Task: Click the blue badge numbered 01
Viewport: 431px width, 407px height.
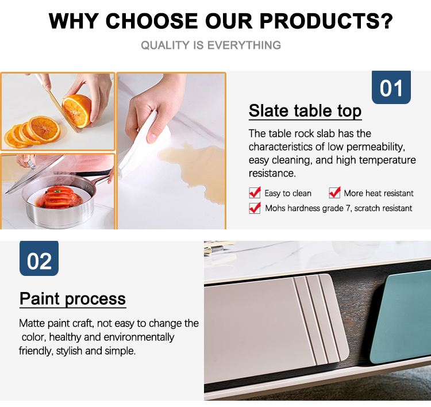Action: pyautogui.click(x=391, y=87)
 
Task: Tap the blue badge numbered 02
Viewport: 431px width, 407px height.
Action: pyautogui.click(x=39, y=259)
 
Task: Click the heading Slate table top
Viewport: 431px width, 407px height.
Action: pyautogui.click(x=305, y=111)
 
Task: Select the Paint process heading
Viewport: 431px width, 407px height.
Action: pyautogui.click(x=73, y=299)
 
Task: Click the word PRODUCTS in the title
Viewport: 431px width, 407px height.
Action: pyautogui.click(x=326, y=21)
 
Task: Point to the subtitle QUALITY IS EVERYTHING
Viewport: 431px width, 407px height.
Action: pyautogui.click(x=211, y=45)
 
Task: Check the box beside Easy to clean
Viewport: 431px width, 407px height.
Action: pyautogui.click(x=255, y=193)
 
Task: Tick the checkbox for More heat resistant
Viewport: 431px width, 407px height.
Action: pyautogui.click(x=334, y=193)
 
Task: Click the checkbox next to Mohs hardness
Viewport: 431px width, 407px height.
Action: pyautogui.click(x=255, y=208)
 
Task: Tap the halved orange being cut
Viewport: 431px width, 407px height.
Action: pyautogui.click(x=77, y=111)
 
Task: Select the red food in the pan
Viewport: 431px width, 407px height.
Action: pyautogui.click(x=59, y=197)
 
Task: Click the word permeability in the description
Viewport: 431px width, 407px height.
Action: pyautogui.click(x=375, y=147)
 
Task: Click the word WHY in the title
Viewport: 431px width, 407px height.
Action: pyautogui.click(x=74, y=21)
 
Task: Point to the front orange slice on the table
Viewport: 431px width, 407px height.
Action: pyautogui.click(x=45, y=129)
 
